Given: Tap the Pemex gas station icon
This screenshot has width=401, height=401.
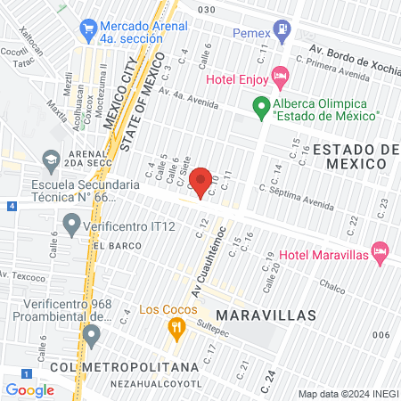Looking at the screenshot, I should tap(282, 30).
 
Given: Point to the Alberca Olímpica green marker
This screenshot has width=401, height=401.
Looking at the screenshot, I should tap(260, 109).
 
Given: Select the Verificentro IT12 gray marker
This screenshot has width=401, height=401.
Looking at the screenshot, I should tap(71, 222).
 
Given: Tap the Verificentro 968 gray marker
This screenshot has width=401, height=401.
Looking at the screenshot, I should tap(91, 336).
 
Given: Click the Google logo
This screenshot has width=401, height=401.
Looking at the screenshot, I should tap(29, 389).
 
